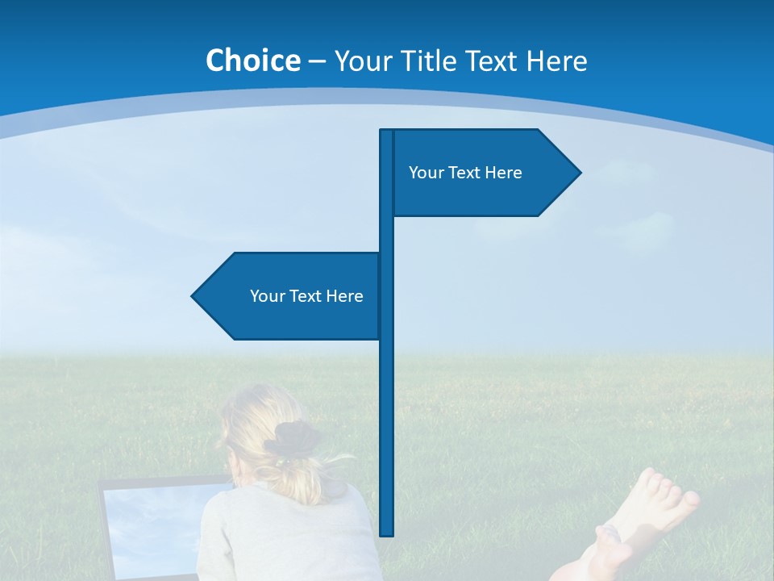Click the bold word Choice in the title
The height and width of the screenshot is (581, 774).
252,61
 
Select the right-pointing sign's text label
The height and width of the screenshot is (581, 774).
465,173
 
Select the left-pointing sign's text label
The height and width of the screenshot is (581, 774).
306,296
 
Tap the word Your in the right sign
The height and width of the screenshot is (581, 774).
425,173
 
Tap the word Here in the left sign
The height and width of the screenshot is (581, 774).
344,296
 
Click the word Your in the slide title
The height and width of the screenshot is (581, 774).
363,61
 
